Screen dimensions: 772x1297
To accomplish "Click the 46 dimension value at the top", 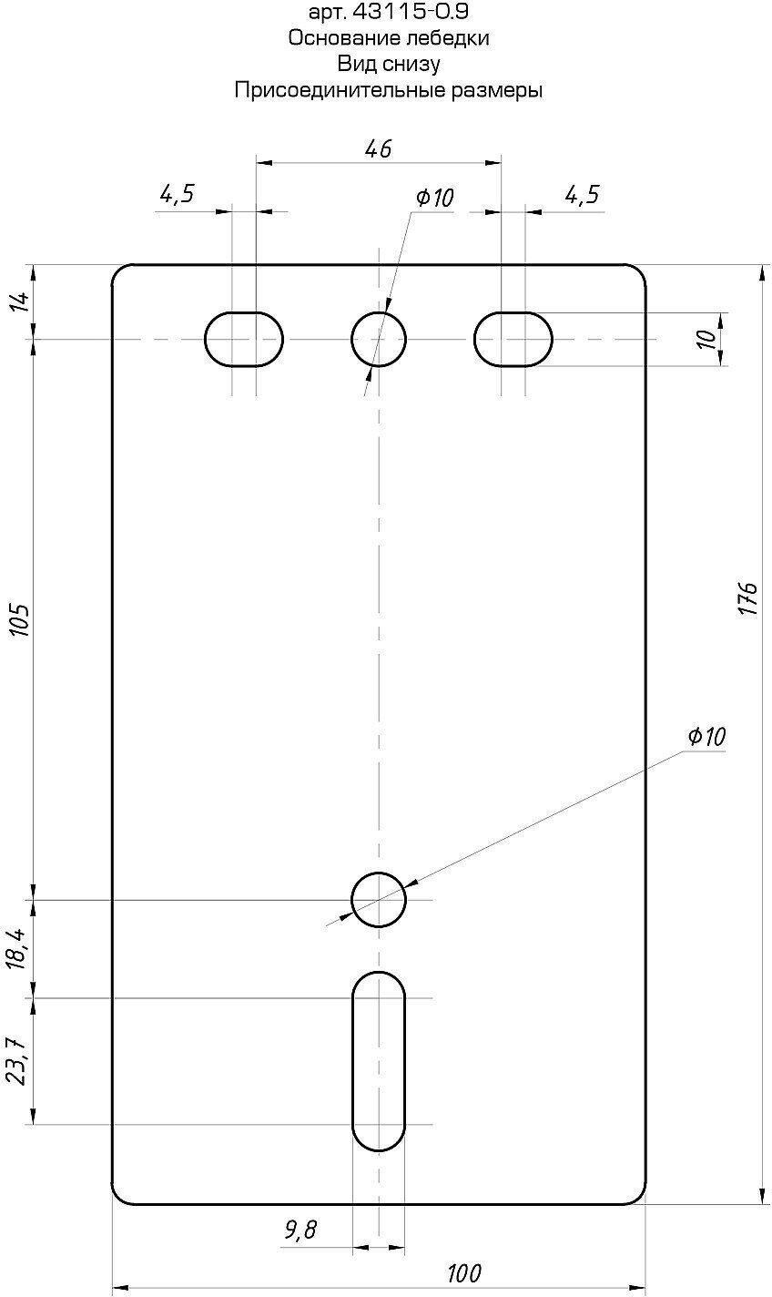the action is [x=378, y=148].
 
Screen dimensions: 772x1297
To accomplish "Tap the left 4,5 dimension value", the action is [x=178, y=194].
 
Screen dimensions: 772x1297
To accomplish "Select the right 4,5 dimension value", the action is [x=582, y=194].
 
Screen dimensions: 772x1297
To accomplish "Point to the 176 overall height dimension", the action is [x=747, y=598].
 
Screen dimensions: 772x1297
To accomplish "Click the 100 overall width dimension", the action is [x=464, y=1272].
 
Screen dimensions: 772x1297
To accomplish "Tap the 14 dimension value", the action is [x=20, y=301].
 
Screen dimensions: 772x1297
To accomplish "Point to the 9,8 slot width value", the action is [x=300, y=1230].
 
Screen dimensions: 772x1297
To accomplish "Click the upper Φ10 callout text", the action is [x=434, y=198].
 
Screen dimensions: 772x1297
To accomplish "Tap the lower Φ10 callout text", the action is [x=706, y=737].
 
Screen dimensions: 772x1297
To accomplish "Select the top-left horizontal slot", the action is [x=244, y=339].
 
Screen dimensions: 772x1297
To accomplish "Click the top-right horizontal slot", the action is [x=513, y=339].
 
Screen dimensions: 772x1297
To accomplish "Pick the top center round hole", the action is [x=379, y=339].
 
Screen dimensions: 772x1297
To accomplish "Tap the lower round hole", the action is [x=379, y=900].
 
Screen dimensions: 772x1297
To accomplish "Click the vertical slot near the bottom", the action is [x=379, y=1061].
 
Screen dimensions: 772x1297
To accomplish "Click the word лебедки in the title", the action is [x=448, y=38].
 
